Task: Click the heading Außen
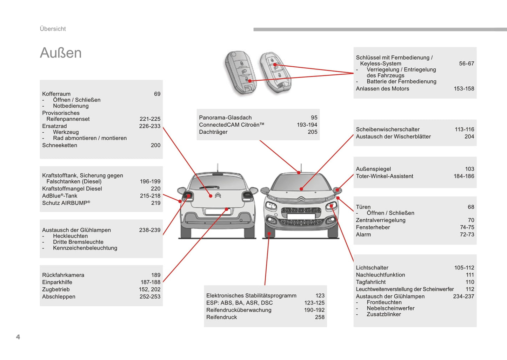61,53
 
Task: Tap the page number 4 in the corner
18,337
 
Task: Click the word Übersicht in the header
53,29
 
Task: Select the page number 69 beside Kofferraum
157,94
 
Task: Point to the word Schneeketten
60,145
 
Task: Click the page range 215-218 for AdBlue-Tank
150,196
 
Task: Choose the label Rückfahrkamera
63,275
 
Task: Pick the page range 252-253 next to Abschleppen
150,296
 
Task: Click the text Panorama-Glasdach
225,118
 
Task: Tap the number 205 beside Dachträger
312,132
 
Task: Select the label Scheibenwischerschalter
388,129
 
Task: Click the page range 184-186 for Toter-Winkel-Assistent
463,176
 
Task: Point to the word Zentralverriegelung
381,220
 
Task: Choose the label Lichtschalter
372,268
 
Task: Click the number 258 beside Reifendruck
320,317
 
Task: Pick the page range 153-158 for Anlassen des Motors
463,89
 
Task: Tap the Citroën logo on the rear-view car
218,195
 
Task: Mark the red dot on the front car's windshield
301,189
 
